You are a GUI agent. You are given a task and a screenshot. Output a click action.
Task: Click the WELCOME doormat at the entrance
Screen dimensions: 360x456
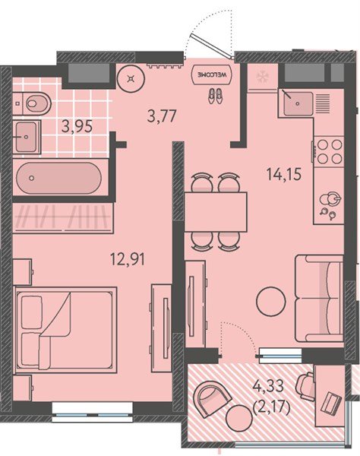pyautogui.click(x=212, y=74)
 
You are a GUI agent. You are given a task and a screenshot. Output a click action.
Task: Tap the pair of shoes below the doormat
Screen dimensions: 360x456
pyautogui.click(x=215, y=96)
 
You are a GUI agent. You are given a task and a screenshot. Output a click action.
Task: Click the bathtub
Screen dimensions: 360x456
pyautogui.click(x=58, y=178)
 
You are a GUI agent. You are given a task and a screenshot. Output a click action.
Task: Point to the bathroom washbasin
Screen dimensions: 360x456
pyautogui.click(x=26, y=137)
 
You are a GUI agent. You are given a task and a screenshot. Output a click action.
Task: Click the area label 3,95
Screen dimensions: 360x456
pyautogui.click(x=77, y=126)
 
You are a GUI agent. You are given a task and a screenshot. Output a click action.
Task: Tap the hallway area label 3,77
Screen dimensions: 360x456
pyautogui.click(x=162, y=116)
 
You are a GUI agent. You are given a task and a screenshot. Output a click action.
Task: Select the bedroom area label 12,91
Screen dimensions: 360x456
pyautogui.click(x=128, y=258)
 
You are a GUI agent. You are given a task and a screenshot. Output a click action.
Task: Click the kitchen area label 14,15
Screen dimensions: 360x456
pyautogui.click(x=284, y=175)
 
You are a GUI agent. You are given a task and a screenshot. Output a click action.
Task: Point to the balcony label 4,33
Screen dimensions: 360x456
pyautogui.click(x=268, y=387)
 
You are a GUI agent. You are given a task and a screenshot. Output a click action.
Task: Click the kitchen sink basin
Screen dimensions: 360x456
pyautogui.click(x=298, y=104)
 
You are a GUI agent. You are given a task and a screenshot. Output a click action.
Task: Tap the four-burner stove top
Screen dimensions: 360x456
pyautogui.click(x=329, y=151)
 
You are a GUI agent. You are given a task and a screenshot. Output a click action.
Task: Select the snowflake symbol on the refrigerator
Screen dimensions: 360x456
pyautogui.click(x=263, y=77)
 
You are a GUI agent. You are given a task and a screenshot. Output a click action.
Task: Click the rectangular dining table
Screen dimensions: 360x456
pyautogui.click(x=216, y=212)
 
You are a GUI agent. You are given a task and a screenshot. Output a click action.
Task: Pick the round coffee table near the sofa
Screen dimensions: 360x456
pyautogui.click(x=271, y=302)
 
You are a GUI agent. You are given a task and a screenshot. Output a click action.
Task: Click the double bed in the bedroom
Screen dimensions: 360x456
pyautogui.click(x=65, y=330)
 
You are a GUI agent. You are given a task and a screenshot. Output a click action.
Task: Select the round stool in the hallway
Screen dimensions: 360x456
pyautogui.click(x=131, y=78)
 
